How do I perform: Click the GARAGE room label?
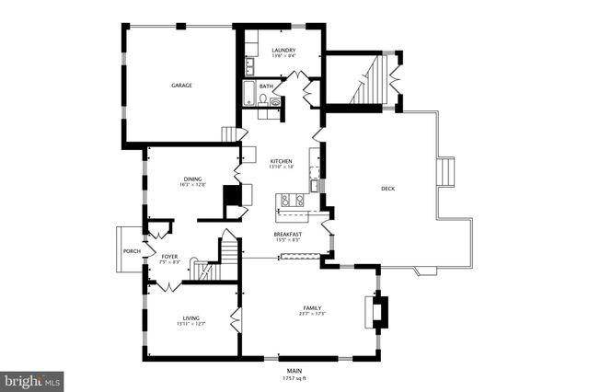tap(180, 86)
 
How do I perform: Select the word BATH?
tap(266, 86)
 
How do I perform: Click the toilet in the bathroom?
tap(263, 100)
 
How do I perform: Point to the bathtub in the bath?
tap(248, 93)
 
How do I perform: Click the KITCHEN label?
tap(281, 161)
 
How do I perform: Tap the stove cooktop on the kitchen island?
tap(292, 200)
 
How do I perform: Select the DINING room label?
tap(191, 179)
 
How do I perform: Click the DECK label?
tap(388, 190)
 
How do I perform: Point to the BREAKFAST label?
tap(287, 235)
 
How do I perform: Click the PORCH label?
tap(132, 251)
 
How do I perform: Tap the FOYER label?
tap(169, 256)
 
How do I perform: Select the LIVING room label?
tap(191, 317)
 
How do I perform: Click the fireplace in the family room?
tap(377, 311)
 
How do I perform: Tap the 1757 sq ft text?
tap(294, 378)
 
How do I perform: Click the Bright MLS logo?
tap(32, 379)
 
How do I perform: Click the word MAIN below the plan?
tap(294, 371)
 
